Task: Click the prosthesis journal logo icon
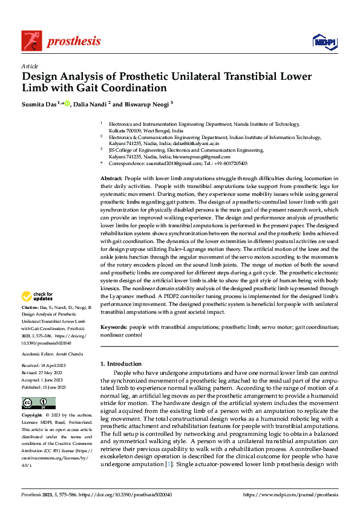point(32,41)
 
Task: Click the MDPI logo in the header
point(321,41)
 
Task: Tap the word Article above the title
point(30,65)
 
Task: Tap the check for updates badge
point(37,297)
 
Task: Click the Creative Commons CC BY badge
point(39,403)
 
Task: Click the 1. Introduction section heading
point(121,364)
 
